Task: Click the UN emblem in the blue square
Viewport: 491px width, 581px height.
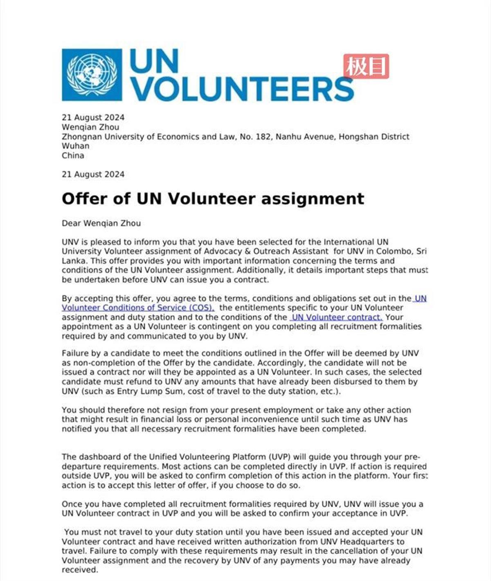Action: [x=92, y=75]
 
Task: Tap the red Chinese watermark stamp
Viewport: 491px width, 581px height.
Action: [x=366, y=66]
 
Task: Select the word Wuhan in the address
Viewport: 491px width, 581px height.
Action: [x=75, y=146]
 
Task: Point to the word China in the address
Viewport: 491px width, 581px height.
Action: [x=73, y=156]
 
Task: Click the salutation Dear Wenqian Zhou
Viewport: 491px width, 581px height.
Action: [x=101, y=223]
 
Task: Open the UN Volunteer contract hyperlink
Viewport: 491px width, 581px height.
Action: [x=336, y=317]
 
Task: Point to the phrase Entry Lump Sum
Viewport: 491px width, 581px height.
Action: [x=147, y=391]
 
